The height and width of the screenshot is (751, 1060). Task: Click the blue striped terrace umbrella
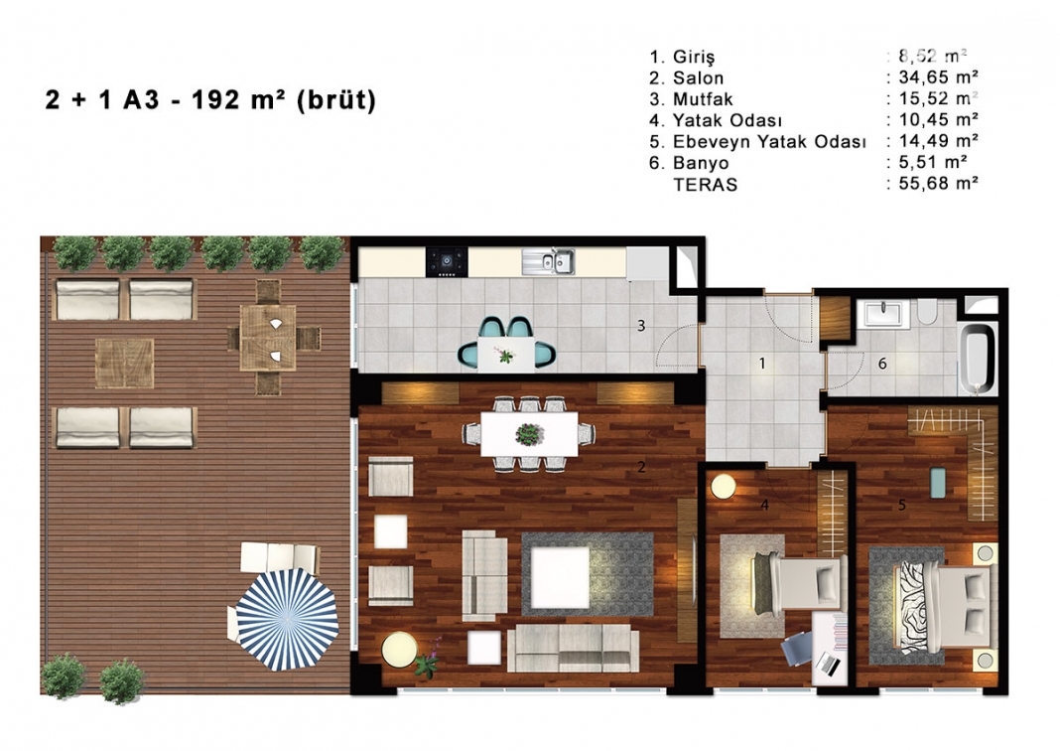click(287, 619)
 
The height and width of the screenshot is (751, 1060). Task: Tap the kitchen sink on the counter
click(548, 261)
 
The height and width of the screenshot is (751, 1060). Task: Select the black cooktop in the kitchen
click(447, 261)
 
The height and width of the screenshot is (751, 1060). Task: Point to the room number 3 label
click(641, 326)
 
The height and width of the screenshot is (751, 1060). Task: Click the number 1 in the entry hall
click(762, 364)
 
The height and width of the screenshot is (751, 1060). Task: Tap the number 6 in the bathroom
click(882, 364)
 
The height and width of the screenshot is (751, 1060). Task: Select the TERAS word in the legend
click(705, 185)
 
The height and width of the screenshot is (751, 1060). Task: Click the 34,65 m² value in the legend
click(938, 77)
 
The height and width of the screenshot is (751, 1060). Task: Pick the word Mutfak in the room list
click(703, 98)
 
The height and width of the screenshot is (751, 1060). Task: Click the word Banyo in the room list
click(701, 163)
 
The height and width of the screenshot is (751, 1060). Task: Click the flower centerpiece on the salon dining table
click(529, 434)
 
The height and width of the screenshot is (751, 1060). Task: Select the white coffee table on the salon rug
click(559, 577)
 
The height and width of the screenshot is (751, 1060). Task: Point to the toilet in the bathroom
click(927, 313)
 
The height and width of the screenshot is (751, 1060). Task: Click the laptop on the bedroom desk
click(829, 663)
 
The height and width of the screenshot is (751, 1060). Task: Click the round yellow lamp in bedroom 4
click(723, 487)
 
